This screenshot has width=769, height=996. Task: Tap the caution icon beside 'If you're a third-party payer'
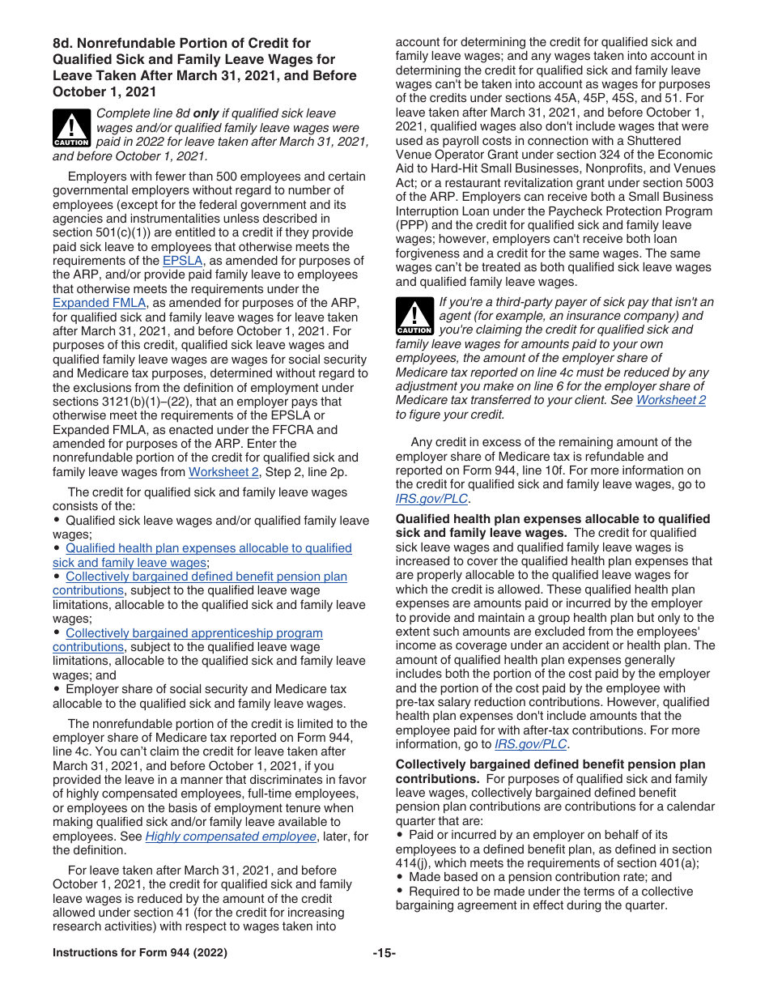(414, 317)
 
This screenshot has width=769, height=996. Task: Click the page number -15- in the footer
(384, 953)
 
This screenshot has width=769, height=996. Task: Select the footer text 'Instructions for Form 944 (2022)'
(139, 953)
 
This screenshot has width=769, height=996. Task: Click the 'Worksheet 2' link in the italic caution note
(670, 400)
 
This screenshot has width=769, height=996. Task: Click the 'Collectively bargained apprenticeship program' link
(193, 633)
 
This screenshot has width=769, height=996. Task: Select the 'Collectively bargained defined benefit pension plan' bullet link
(206, 577)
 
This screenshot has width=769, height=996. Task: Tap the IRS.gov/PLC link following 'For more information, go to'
(531, 744)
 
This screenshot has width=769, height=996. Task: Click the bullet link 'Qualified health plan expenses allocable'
(208, 548)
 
